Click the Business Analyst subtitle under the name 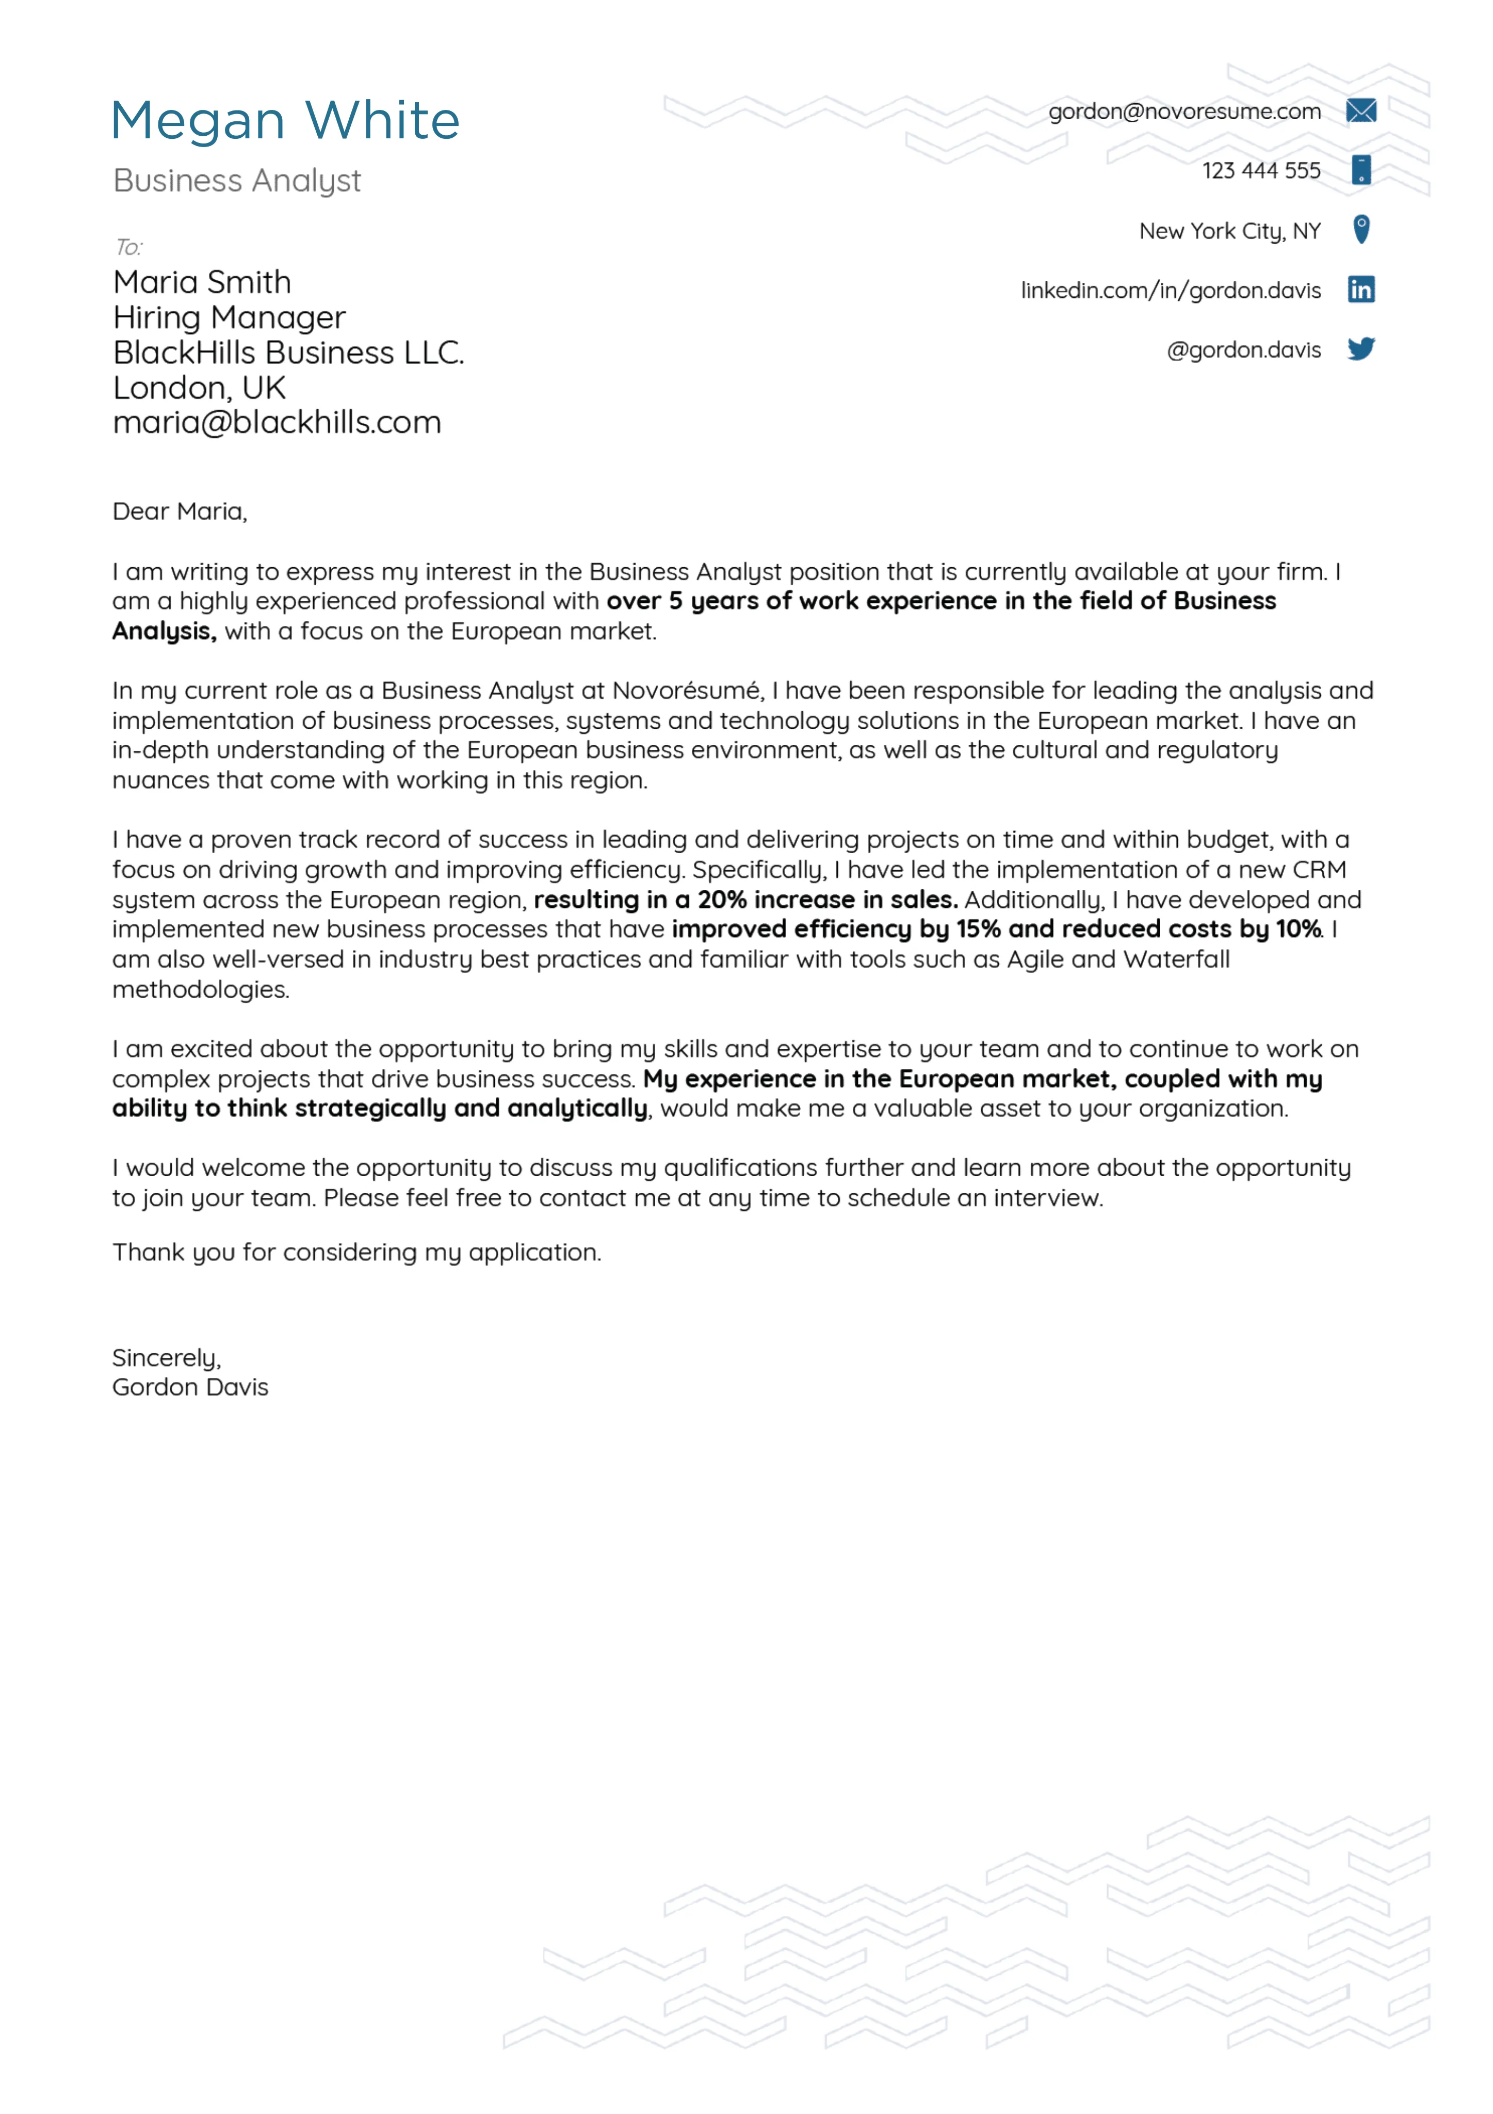point(237,181)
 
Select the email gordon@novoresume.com point(1184,111)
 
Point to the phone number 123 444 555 point(1260,170)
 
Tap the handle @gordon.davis point(1243,350)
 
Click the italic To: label point(128,247)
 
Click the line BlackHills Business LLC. point(288,353)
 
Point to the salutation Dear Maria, point(180,512)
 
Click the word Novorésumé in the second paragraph point(687,691)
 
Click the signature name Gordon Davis point(190,1387)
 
